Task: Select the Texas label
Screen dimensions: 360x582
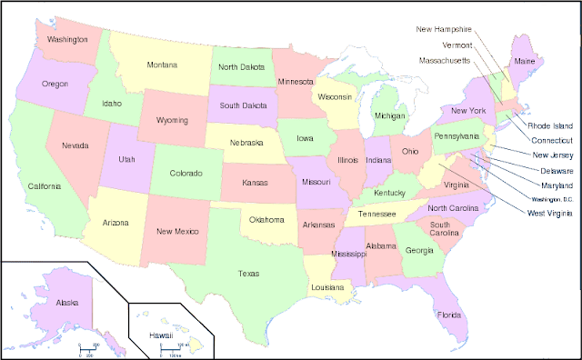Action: (248, 273)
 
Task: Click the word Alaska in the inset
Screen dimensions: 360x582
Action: (67, 302)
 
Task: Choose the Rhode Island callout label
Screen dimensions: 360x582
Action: (550, 125)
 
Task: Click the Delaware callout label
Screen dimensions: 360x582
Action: (557, 170)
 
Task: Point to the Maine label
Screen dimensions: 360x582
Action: (525, 62)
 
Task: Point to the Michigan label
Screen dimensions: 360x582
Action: (389, 116)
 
